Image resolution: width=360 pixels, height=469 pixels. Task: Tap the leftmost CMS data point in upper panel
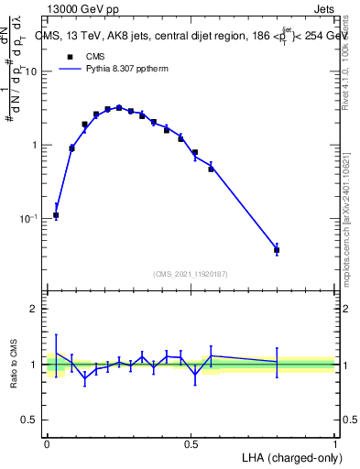coord(56,215)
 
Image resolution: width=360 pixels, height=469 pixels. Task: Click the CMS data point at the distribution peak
coord(119,108)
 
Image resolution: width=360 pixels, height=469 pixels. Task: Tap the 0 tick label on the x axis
coord(47,442)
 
